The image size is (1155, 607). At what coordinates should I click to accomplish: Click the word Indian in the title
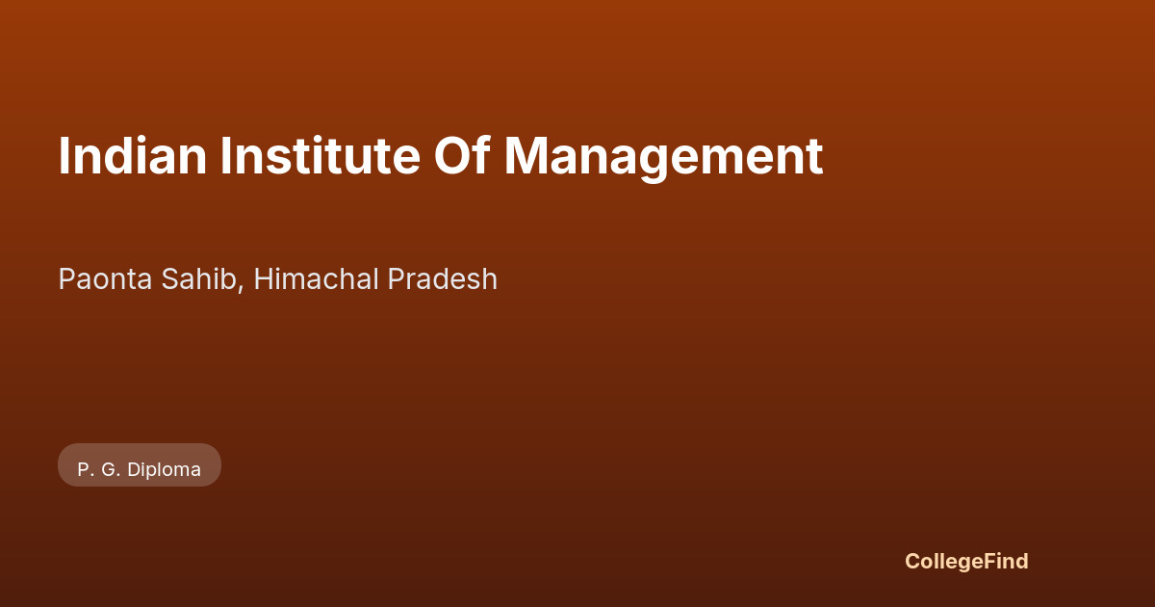tap(133, 156)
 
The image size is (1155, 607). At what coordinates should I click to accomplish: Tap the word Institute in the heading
tap(321, 156)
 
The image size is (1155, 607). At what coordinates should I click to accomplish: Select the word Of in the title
tap(462, 155)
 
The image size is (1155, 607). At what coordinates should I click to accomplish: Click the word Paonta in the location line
tap(105, 279)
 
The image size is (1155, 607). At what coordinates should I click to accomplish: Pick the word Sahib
tap(198, 279)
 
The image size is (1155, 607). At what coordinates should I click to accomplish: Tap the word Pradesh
tap(443, 279)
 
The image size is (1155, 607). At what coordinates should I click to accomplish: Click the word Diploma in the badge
tap(164, 470)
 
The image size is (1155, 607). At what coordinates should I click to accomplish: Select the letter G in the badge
tap(108, 470)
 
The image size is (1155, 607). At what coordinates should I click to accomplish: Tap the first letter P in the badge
tap(83, 470)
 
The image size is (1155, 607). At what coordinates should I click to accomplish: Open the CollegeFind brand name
tap(966, 562)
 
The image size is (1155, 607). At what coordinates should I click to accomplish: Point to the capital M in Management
tap(524, 156)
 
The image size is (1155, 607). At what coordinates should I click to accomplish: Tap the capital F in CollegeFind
tap(990, 561)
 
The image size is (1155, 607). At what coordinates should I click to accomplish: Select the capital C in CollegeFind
tap(912, 561)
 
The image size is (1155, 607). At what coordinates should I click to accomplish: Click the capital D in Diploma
tap(134, 470)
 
